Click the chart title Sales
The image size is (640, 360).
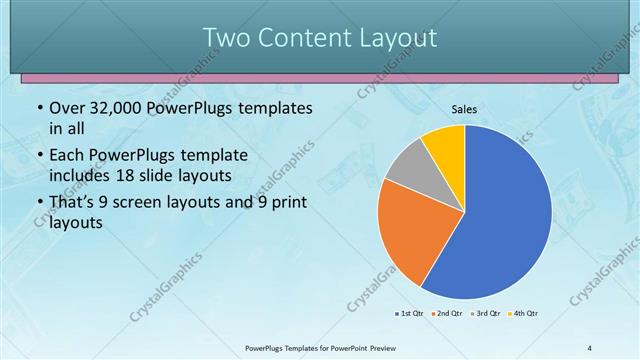[463, 108]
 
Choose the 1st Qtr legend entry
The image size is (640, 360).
[409, 313]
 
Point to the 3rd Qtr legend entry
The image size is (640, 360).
[486, 313]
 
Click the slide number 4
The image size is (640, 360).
[590, 348]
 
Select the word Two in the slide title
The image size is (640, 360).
[225, 38]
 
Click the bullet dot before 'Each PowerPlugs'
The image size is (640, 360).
[39, 157]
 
